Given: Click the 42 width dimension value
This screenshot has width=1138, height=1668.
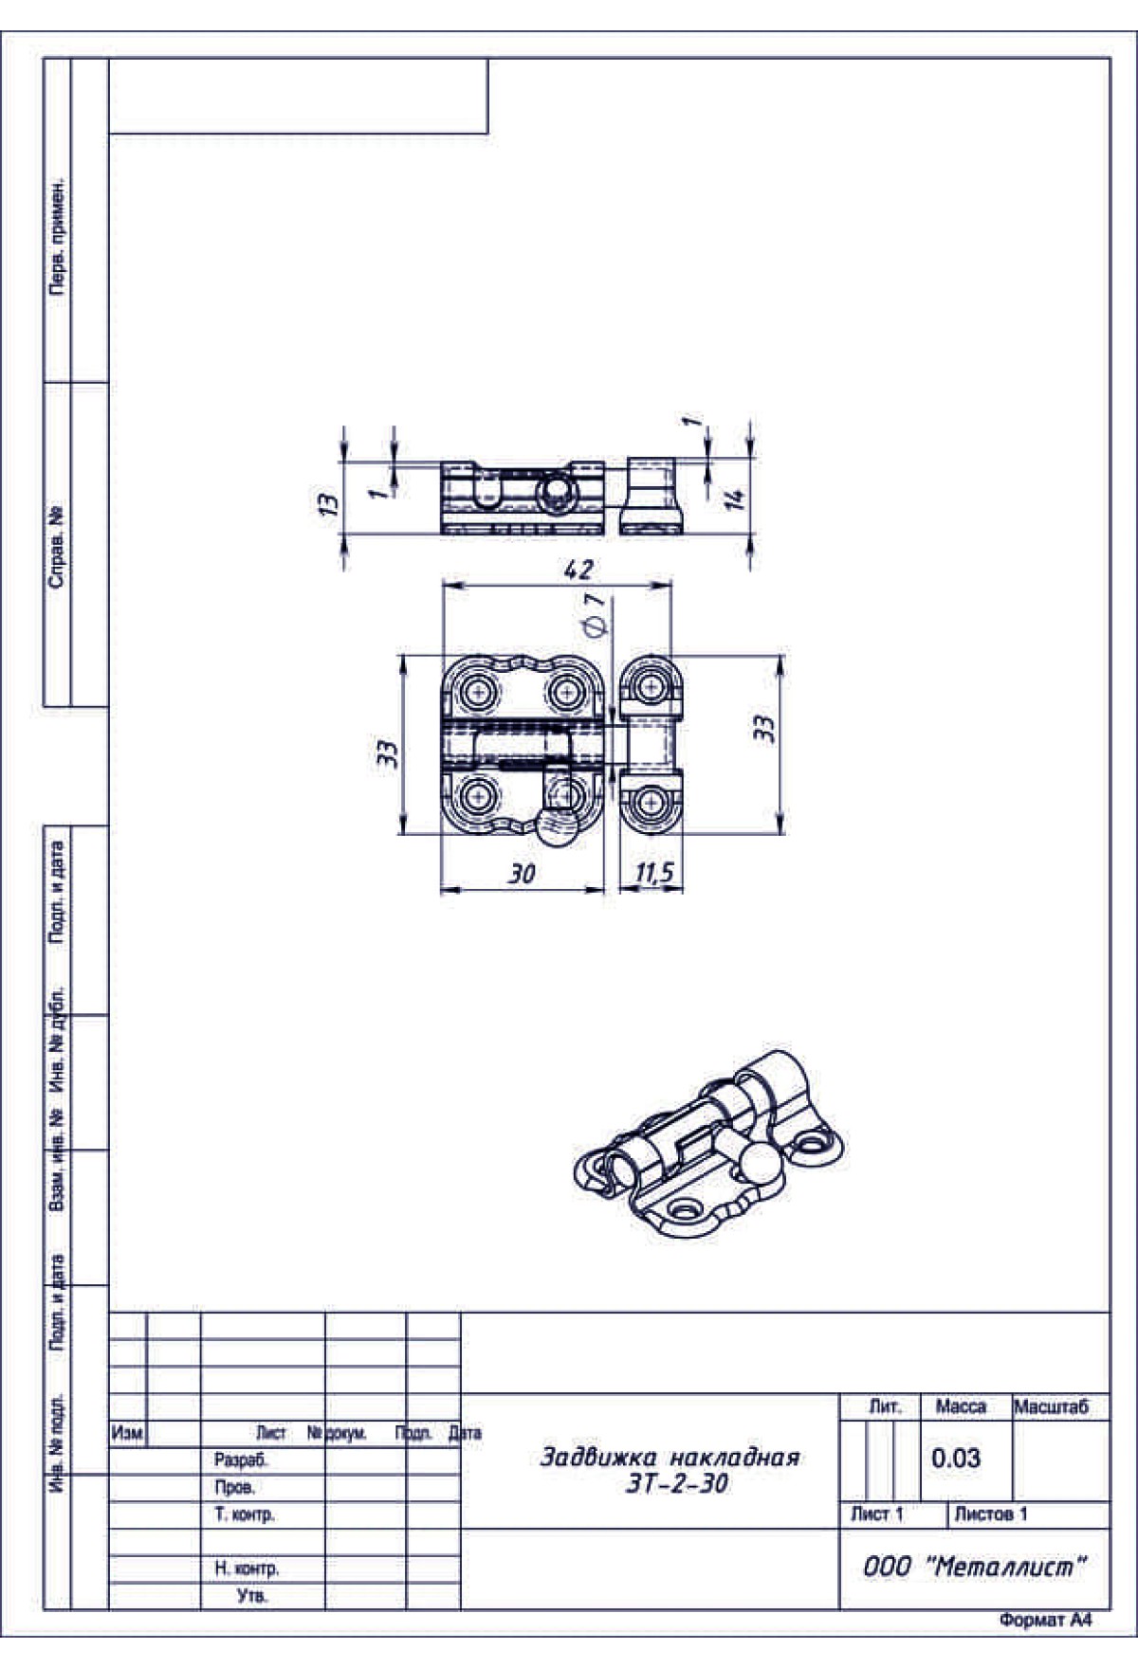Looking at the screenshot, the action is click(x=578, y=569).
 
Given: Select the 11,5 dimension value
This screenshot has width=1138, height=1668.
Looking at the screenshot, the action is click(x=654, y=873).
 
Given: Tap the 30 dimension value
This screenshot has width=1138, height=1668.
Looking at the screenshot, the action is click(x=521, y=873).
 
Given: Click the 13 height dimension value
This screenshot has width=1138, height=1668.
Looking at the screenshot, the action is click(x=327, y=503).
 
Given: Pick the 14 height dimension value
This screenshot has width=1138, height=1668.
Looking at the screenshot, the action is click(x=735, y=498).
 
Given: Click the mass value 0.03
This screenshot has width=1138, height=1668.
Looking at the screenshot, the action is click(x=955, y=1458).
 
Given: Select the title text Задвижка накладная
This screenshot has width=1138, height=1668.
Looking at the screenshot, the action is click(x=670, y=1457).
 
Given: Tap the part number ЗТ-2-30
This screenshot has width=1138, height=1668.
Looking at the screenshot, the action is click(x=677, y=1483).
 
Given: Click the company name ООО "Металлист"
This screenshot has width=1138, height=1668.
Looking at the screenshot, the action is click(x=974, y=1567).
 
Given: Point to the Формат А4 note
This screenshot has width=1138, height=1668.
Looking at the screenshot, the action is click(x=1045, y=1621).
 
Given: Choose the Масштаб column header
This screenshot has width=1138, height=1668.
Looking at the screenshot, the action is click(x=1052, y=1406).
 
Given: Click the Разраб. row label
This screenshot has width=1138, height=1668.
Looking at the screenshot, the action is click(x=241, y=1460).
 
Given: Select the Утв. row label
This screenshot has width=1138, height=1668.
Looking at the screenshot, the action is click(x=252, y=1596).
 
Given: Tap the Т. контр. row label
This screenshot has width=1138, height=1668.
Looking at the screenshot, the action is click(x=245, y=1514).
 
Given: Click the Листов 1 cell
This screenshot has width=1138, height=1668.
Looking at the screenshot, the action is click(x=991, y=1514).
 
